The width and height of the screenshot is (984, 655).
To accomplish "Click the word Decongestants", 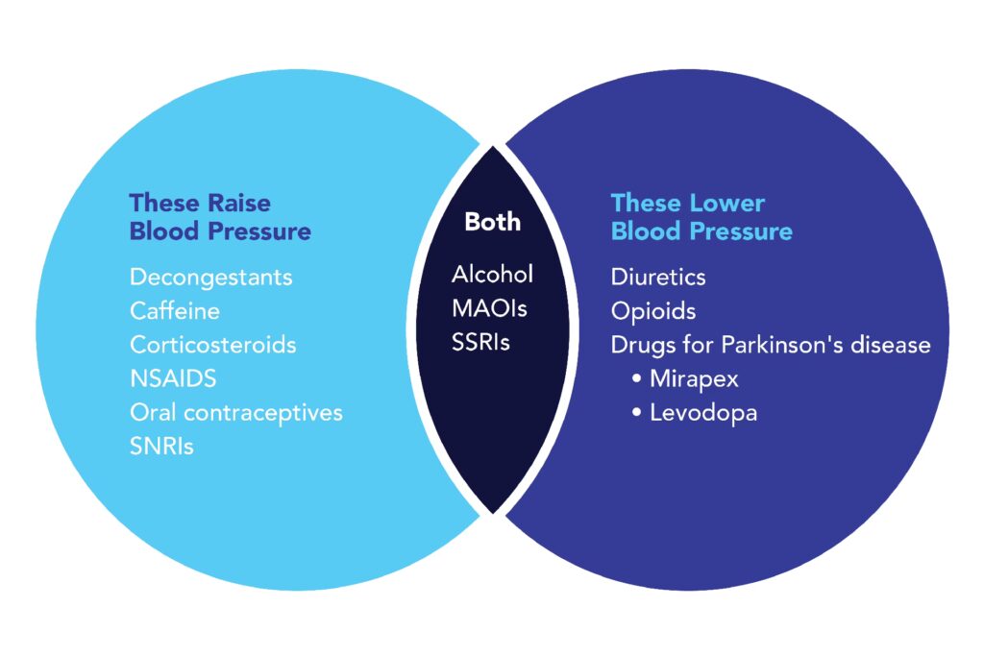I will coord(210,278).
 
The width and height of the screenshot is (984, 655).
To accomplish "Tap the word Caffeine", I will coord(174,311).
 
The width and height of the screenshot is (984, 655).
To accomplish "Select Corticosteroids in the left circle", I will coord(212,344).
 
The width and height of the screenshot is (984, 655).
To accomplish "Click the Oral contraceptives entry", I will coord(235,412).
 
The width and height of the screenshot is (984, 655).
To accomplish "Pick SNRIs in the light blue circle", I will coord(161,446).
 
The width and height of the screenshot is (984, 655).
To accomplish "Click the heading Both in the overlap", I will coord(492,222).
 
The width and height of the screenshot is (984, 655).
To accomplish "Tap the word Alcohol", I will coord(492,275).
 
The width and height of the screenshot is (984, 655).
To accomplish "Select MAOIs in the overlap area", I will coord(489,308).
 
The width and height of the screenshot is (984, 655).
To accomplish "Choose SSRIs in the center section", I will coord(480,342).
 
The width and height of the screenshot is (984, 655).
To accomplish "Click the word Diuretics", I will coord(658,278).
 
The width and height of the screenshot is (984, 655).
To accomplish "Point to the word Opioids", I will coord(653,311).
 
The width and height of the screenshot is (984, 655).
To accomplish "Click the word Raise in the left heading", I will coord(236,203).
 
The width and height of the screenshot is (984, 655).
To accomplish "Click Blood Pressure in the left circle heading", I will coord(220,231).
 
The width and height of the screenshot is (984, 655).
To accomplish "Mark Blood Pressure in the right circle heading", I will coord(701,231).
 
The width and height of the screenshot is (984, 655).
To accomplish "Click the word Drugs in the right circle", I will coord(638,344).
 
